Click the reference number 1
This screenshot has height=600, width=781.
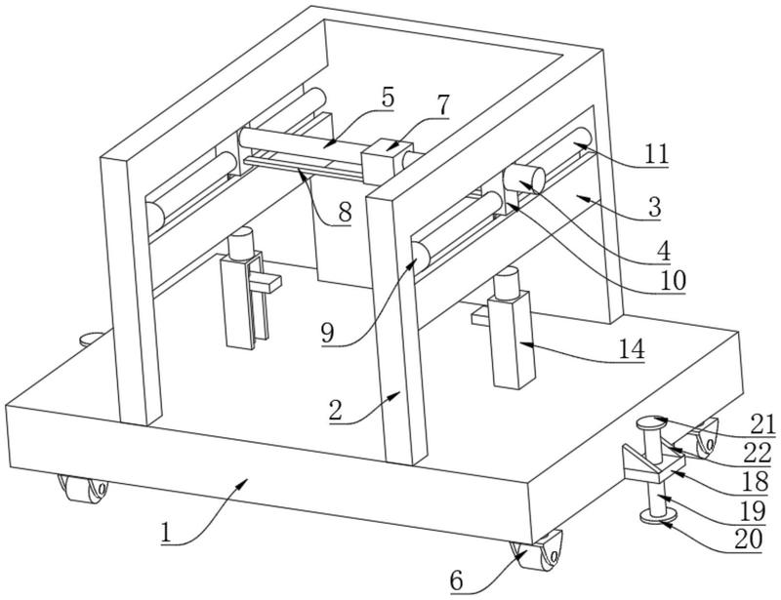[167, 535]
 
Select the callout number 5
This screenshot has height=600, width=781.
[388, 98]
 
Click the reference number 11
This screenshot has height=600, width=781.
[658, 152]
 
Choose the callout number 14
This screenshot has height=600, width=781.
[633, 349]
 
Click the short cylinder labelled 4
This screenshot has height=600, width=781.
[525, 181]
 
